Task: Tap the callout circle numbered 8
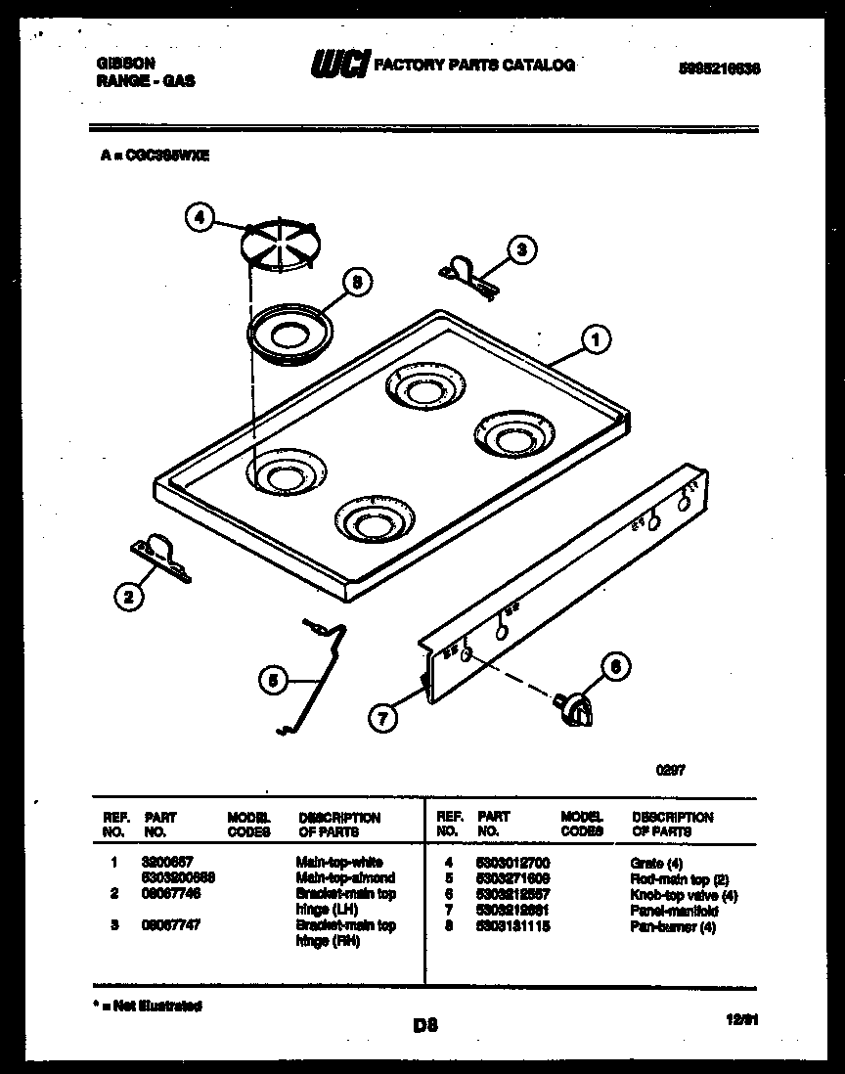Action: (357, 283)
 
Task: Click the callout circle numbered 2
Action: (127, 597)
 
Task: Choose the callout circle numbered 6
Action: (613, 668)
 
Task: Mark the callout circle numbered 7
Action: (384, 718)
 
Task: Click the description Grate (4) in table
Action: (657, 863)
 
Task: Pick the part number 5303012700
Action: (511, 863)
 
